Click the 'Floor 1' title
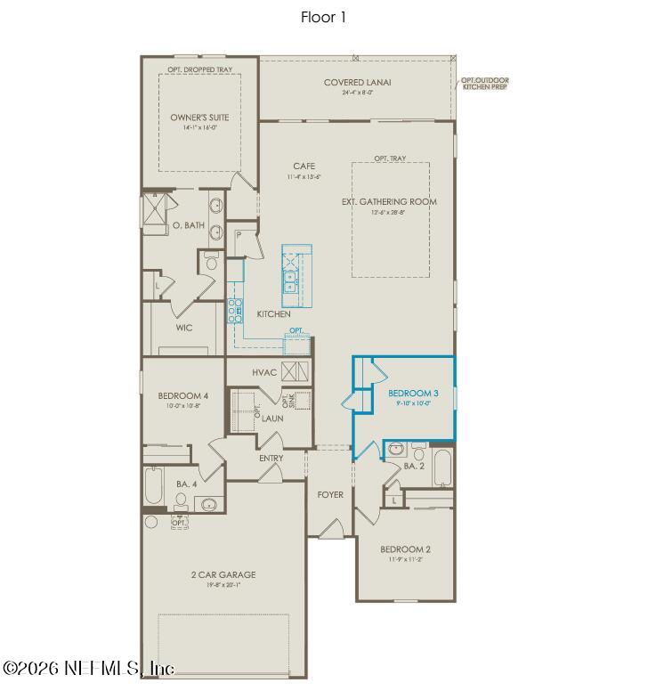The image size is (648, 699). (323, 17)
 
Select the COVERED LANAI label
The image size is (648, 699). (358, 83)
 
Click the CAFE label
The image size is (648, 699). (304, 167)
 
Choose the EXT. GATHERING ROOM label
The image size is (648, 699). (389, 202)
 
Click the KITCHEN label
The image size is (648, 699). (273, 314)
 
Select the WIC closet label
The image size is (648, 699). (183, 328)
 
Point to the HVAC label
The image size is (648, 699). (265, 372)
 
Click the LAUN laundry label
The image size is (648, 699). (272, 418)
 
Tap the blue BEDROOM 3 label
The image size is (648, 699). (412, 393)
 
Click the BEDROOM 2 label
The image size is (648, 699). (405, 549)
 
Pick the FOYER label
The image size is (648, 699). (330, 494)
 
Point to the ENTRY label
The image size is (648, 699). (271, 459)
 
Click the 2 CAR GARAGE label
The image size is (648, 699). (223, 574)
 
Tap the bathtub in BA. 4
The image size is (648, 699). (154, 487)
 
